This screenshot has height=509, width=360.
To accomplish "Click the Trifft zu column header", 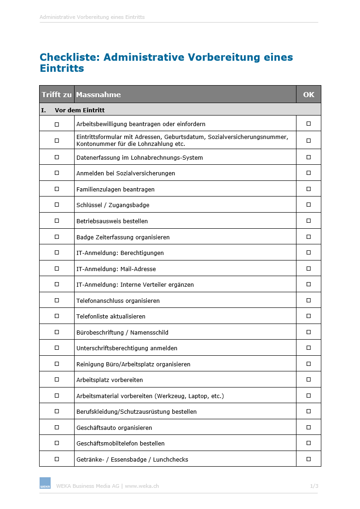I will [57, 95].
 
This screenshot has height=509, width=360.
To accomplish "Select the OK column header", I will [308, 95].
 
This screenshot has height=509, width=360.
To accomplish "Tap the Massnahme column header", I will [99, 95].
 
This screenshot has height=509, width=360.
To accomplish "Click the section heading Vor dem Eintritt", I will [80, 110].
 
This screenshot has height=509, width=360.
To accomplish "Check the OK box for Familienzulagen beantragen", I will [308, 189].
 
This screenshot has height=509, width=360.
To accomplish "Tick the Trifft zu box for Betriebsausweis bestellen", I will [57, 221].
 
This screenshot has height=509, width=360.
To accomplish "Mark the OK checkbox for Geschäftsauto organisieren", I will [308, 427].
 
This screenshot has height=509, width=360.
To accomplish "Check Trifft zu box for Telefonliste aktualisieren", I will [57, 316].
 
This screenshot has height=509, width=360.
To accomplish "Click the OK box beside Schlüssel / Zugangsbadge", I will [308, 204].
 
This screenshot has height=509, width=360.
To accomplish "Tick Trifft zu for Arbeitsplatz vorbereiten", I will [57, 380].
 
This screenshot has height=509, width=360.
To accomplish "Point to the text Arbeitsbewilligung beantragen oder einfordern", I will [141, 124].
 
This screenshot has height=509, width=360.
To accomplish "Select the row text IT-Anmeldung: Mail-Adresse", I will [116, 269].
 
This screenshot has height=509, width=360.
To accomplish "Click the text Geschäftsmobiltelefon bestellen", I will [120, 443].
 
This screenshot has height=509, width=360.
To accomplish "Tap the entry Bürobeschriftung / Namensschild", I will [122, 332].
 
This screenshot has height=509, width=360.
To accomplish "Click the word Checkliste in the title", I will [70, 58].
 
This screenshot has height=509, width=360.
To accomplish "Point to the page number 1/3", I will [314, 486].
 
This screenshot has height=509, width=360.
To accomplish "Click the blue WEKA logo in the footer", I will [45, 483].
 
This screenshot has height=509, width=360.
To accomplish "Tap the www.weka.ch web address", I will [142, 486].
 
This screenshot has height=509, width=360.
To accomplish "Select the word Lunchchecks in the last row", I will [171, 459].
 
